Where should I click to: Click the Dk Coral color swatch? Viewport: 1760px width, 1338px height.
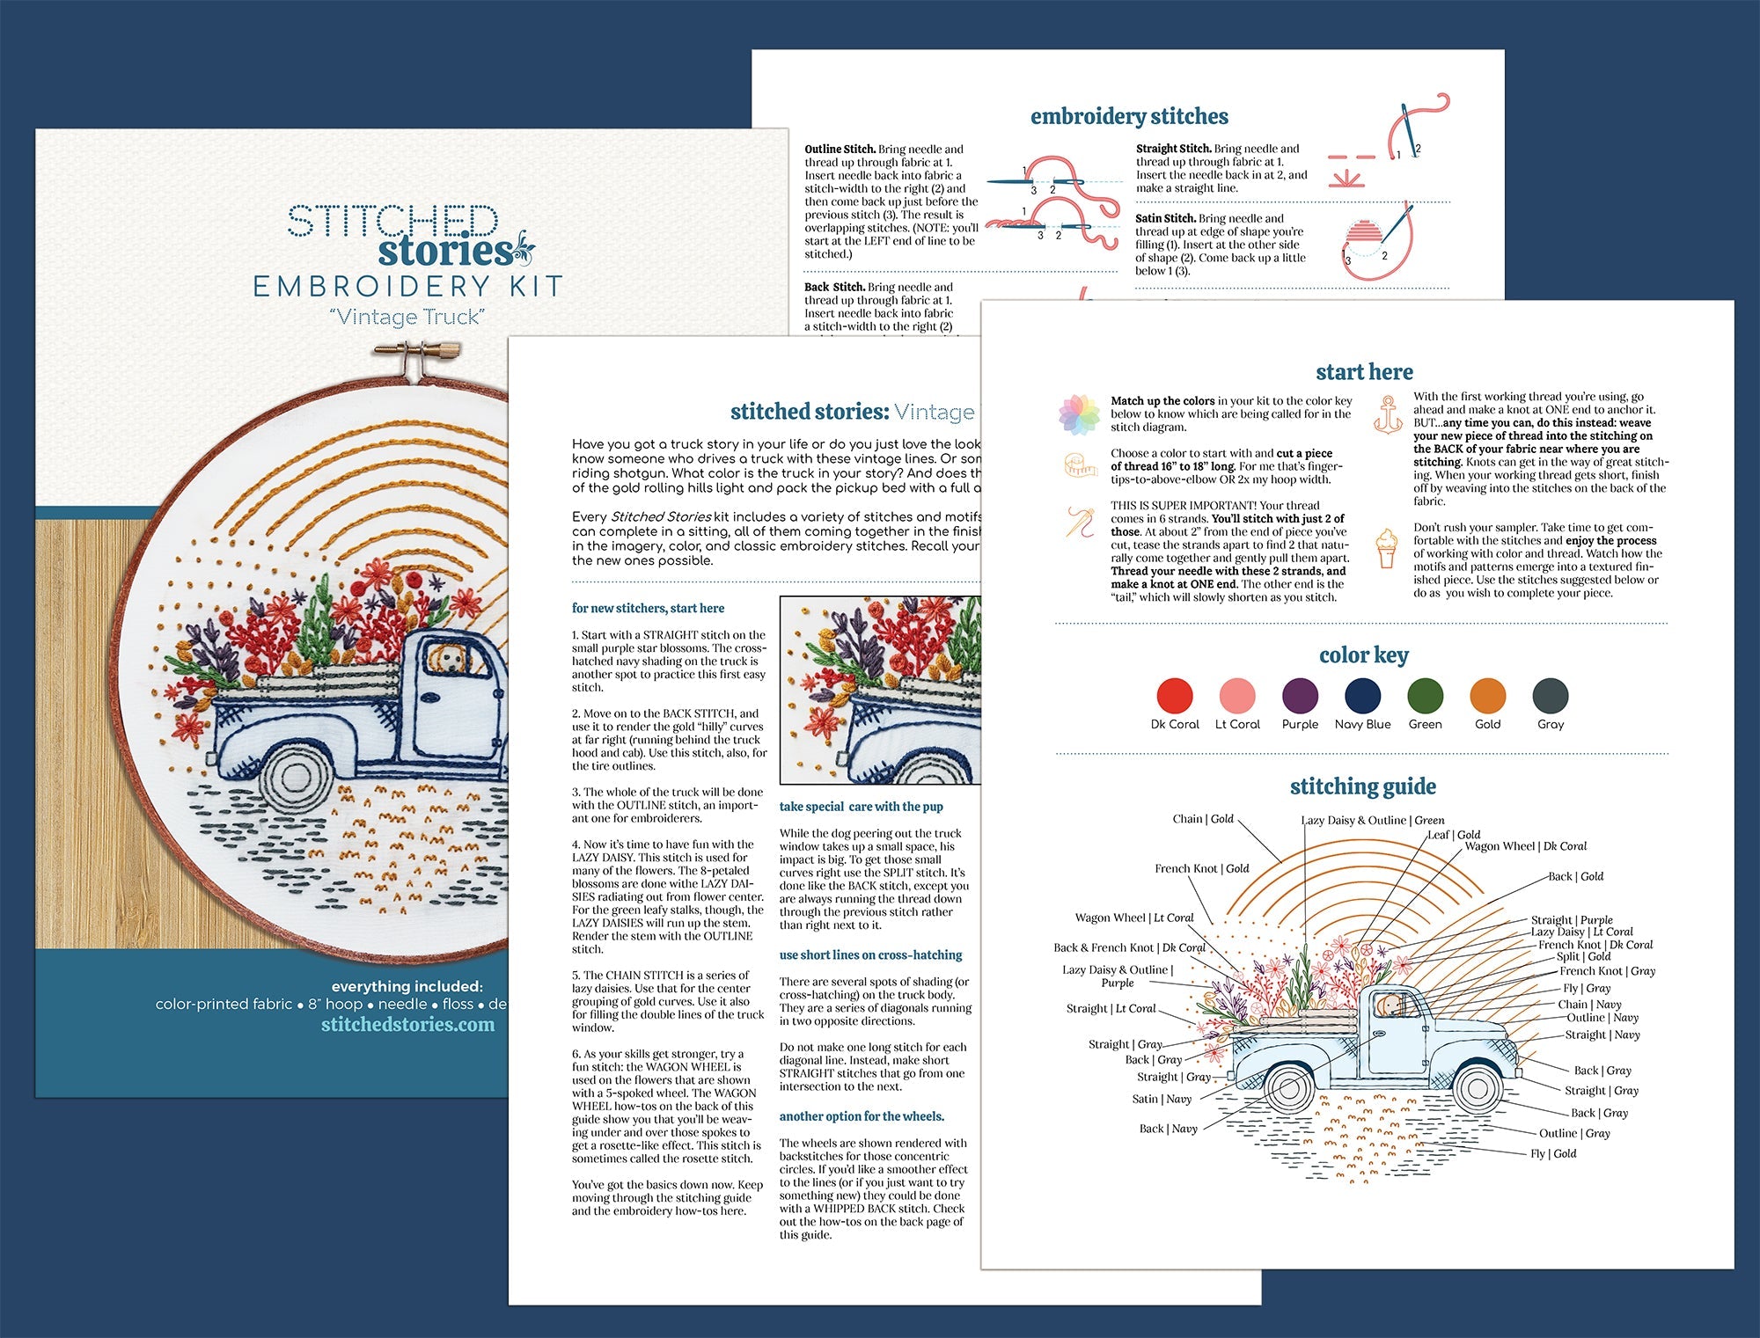(1175, 695)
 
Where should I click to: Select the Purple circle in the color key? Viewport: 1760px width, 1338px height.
(1300, 695)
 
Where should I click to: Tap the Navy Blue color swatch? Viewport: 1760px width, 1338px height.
(1362, 695)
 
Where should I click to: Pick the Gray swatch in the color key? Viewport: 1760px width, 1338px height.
(1550, 695)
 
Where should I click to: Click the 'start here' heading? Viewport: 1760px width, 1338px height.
(1364, 372)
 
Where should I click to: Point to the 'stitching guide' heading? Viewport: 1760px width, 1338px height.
(1362, 786)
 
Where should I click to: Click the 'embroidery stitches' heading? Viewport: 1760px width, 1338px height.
(1129, 116)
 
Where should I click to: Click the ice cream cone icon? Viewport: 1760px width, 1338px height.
(1387, 547)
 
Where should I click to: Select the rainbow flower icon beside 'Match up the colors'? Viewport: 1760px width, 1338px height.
(1079, 414)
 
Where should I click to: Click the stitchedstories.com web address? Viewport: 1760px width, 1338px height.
(407, 1024)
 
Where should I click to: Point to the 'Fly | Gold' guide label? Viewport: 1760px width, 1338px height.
(1553, 1153)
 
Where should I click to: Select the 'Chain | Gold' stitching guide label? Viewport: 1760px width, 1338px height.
(1202, 819)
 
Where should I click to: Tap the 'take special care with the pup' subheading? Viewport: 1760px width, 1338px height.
(861, 807)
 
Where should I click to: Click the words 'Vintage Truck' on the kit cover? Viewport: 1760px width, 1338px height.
(407, 317)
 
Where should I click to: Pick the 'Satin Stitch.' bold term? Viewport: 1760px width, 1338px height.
(1165, 218)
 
